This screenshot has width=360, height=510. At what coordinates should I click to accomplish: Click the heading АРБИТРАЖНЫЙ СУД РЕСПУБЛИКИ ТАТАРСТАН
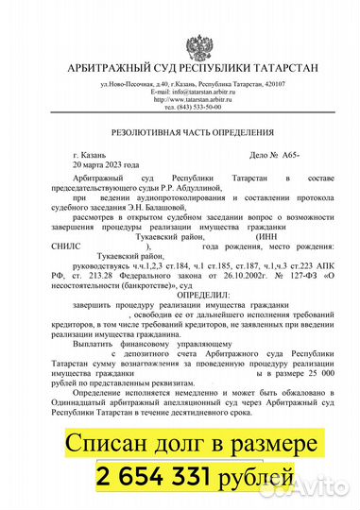click(x=180, y=68)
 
